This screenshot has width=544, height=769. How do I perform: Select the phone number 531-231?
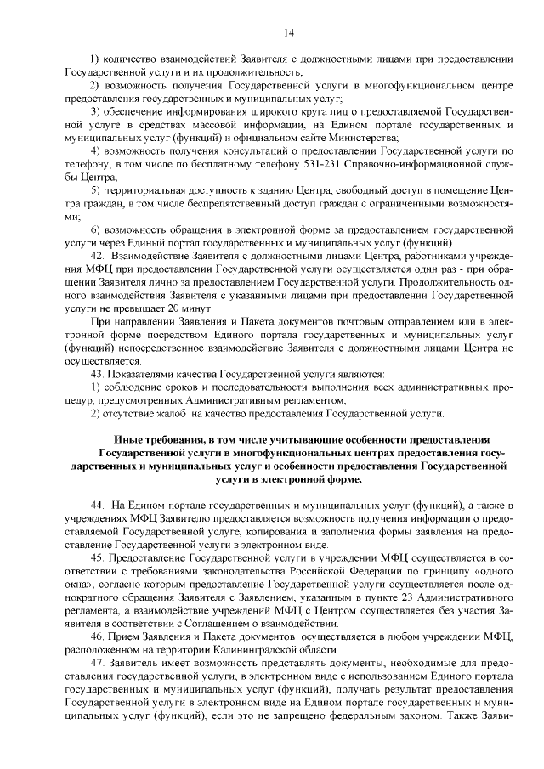328,164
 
